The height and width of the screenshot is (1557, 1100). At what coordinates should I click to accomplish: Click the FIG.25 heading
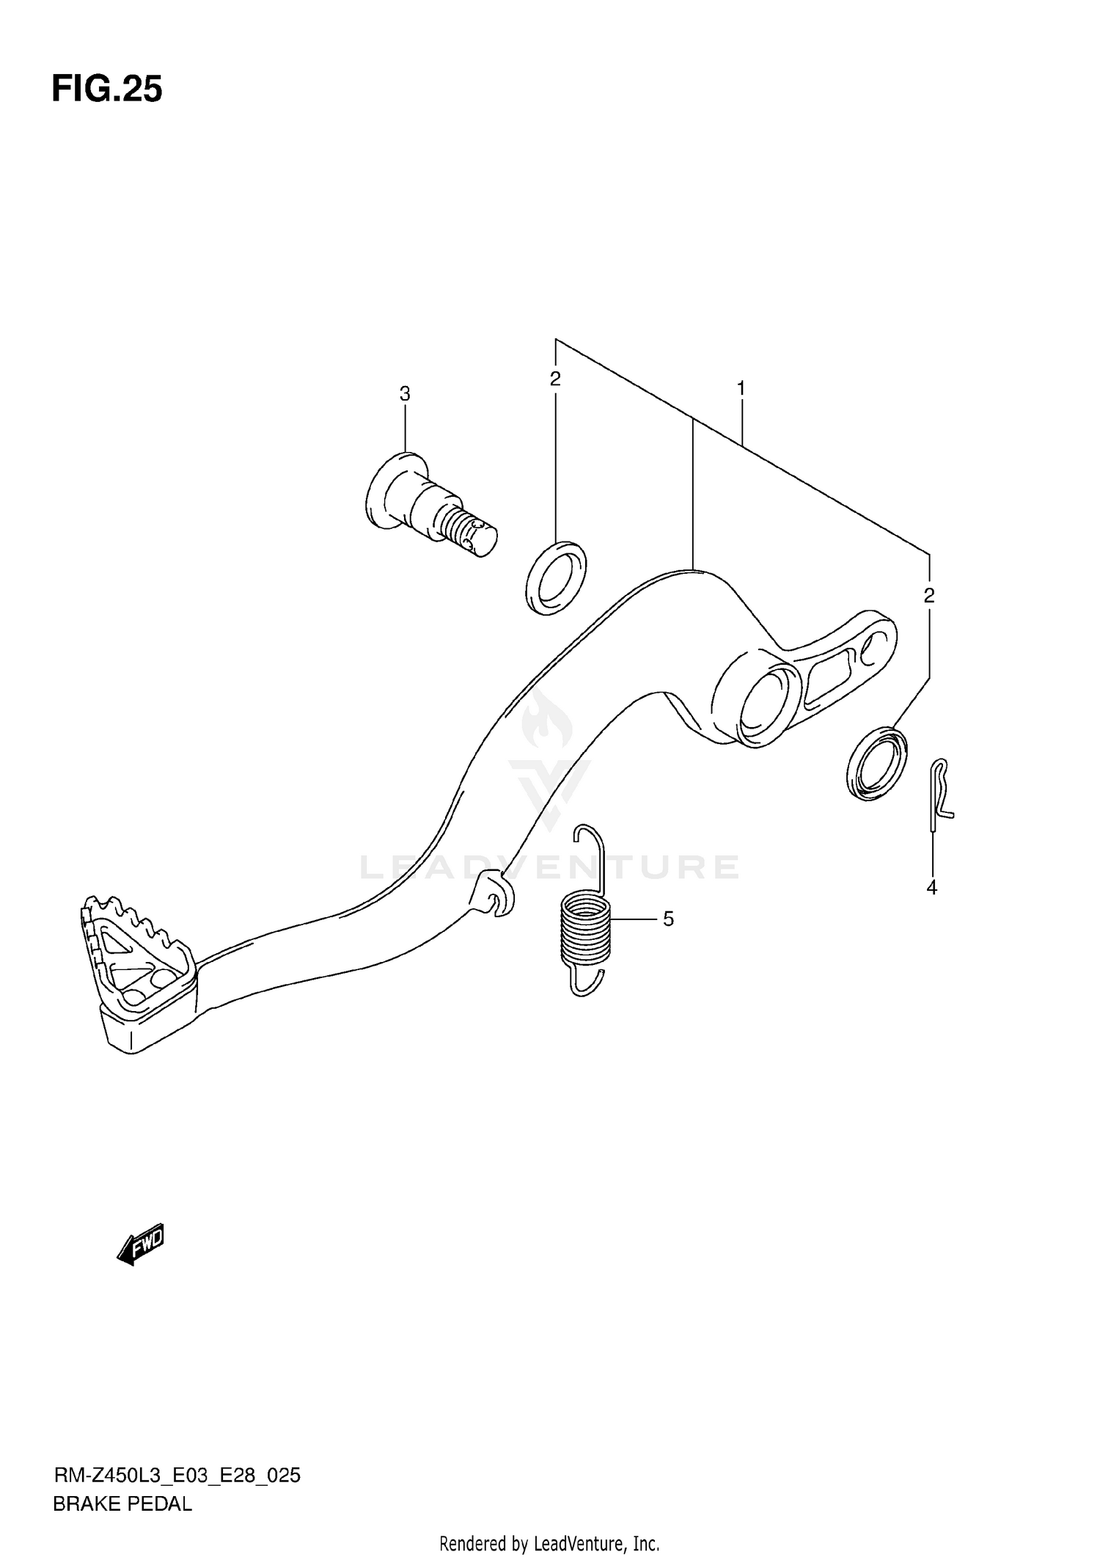[107, 90]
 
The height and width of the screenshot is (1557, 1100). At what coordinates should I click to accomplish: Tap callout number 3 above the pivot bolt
[405, 394]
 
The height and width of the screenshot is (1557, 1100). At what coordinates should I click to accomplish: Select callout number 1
[741, 388]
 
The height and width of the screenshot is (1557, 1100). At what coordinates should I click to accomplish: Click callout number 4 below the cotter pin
[931, 888]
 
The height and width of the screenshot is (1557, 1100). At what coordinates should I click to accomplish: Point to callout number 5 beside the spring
[668, 919]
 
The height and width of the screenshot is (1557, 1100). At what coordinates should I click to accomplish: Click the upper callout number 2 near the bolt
[555, 379]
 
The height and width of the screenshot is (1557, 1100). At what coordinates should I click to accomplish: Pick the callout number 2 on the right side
[929, 596]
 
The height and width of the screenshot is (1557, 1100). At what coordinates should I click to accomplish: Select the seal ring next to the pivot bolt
[556, 577]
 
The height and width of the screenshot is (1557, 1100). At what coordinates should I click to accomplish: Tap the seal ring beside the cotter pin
[876, 763]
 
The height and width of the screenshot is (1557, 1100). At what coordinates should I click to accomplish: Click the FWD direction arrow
[141, 1243]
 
